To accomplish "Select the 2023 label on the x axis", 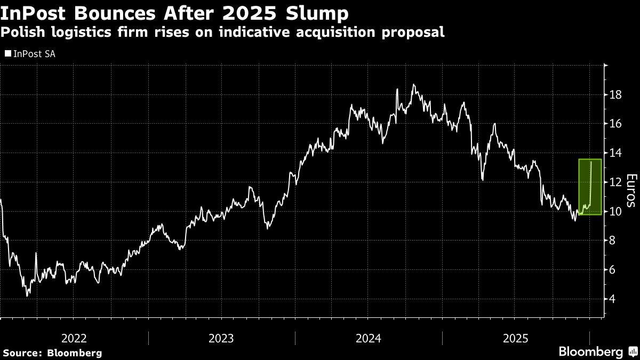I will [221, 338].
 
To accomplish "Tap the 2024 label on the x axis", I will [369, 338].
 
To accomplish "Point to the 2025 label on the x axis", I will [515, 338].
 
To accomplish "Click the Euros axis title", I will [631, 190].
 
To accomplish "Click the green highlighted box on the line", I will [590, 187].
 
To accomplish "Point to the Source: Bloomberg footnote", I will [52, 353].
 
